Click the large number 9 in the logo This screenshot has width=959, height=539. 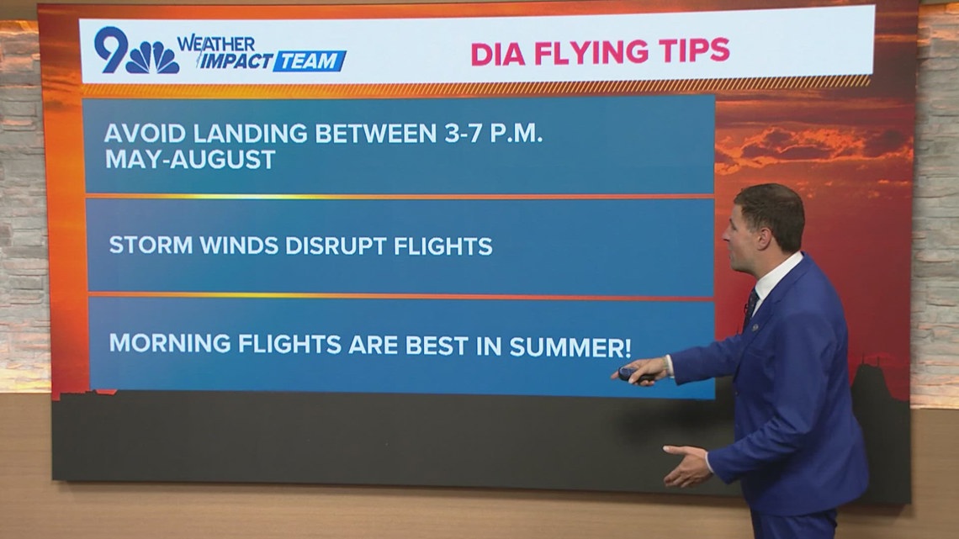[110, 50]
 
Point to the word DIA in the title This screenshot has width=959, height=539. [497, 52]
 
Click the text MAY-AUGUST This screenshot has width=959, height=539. [191, 160]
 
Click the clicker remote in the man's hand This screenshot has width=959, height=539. [629, 373]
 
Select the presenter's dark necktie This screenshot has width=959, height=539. [749, 306]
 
